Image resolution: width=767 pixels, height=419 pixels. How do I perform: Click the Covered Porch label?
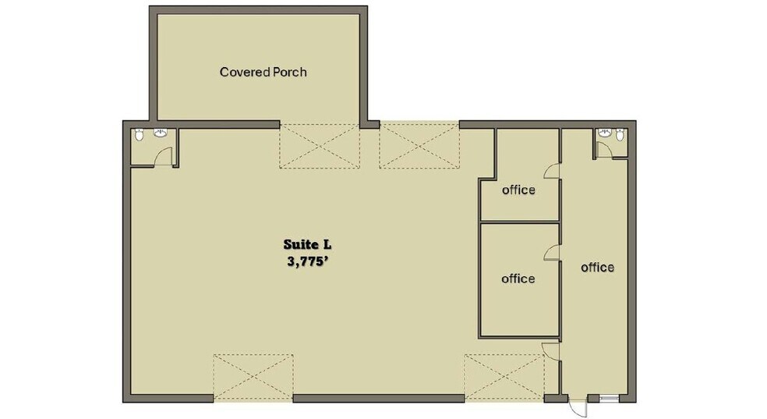[263, 73]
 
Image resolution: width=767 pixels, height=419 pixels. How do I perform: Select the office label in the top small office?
[518, 190]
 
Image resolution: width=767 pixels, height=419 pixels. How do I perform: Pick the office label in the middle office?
[518, 279]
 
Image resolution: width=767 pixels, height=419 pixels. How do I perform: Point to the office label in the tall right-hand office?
[598, 268]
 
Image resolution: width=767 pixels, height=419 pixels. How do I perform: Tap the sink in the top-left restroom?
[162, 133]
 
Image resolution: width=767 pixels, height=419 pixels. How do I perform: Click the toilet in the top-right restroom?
[620, 135]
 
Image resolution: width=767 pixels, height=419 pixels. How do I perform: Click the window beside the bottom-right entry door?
[609, 399]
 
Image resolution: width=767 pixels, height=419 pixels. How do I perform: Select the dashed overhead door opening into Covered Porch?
[319, 146]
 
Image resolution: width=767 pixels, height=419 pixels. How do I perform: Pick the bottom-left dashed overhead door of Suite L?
[253, 378]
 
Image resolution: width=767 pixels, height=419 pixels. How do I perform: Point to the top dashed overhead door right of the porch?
[419, 146]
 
